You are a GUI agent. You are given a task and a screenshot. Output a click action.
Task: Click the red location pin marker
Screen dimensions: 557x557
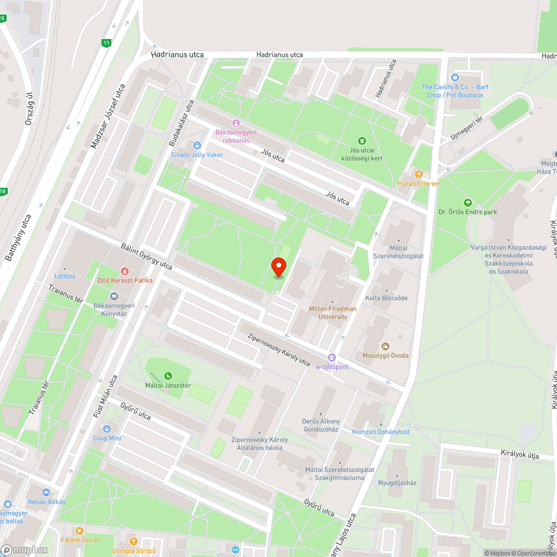[279, 267]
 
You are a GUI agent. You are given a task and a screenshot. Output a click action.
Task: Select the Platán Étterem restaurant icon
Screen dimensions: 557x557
[418, 174]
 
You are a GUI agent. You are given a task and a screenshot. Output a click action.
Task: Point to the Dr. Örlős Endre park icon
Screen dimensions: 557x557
[467, 203]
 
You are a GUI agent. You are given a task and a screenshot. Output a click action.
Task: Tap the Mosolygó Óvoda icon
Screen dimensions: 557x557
[385, 346]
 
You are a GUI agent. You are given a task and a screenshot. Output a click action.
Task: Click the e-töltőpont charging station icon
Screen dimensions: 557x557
[332, 358]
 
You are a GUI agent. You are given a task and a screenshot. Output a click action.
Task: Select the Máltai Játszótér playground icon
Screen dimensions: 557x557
[168, 375]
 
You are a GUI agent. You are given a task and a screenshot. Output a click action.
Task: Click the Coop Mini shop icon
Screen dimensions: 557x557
[107, 429]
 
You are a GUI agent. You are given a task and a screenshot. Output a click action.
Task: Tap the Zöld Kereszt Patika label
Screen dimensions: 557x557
[125, 280]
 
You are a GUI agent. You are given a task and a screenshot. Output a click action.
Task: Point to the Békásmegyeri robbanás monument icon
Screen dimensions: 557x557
[236, 123]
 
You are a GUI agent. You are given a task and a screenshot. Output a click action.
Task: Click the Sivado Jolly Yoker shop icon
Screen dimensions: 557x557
[196, 145]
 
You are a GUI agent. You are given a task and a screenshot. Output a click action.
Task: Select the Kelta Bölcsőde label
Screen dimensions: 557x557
[386, 298]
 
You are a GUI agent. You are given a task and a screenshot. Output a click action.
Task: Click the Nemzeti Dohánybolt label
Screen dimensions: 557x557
[380, 432]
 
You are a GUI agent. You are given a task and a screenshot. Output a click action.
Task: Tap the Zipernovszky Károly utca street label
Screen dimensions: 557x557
[278, 350]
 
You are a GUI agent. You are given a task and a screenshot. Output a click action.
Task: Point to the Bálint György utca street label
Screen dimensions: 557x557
[146, 256]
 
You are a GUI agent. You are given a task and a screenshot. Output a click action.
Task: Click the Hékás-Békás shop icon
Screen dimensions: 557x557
[47, 492]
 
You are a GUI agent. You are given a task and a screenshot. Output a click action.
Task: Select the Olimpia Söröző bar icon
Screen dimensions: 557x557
[133, 541]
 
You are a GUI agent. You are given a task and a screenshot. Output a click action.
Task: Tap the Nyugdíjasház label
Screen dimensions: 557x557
[397, 482]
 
